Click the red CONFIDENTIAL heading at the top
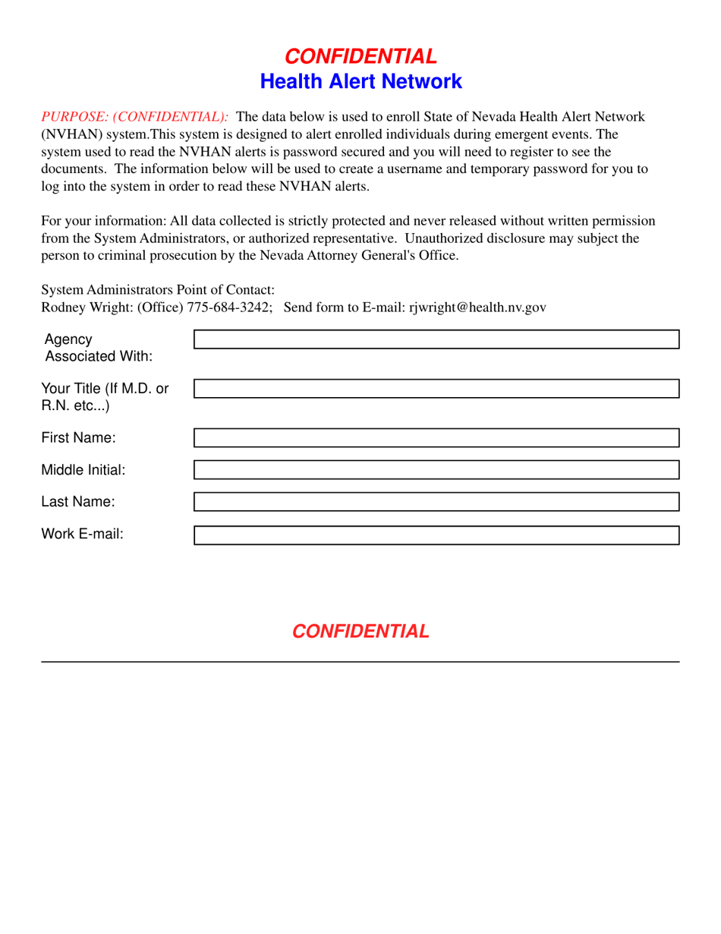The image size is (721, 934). (x=360, y=56)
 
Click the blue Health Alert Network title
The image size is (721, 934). (x=360, y=81)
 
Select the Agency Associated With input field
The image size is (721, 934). (x=436, y=339)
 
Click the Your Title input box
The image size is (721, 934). (x=436, y=389)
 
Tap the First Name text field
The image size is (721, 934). (x=436, y=437)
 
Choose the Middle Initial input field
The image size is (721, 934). (x=436, y=469)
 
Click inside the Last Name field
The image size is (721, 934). (x=436, y=501)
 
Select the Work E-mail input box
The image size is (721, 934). (x=436, y=535)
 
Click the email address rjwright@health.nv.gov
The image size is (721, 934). (x=477, y=308)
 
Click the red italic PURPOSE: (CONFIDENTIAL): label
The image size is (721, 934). (x=134, y=117)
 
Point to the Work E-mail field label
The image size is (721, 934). (x=82, y=534)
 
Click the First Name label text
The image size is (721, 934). (x=78, y=437)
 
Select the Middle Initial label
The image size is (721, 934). (x=83, y=469)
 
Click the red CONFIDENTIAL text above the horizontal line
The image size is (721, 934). (x=360, y=631)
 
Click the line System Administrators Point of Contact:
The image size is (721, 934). (x=157, y=289)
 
